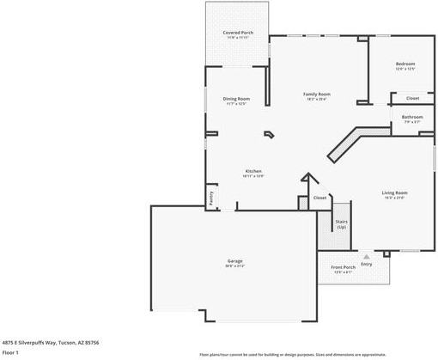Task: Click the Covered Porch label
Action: coord(238,32)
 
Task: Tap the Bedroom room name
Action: coord(405,64)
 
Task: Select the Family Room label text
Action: coord(317,94)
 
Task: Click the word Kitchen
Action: coord(253,171)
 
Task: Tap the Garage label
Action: coord(234,261)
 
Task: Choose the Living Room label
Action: coord(394,192)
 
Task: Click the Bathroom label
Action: coord(413,117)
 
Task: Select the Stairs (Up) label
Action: coord(341,223)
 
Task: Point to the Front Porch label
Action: coord(344,267)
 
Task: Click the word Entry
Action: coord(367,264)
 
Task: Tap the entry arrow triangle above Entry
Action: coord(367,255)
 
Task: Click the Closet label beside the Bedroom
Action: coord(412,98)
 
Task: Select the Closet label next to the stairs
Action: coord(319,198)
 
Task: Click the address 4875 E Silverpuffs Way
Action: coord(50,341)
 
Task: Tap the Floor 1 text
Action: coord(10,352)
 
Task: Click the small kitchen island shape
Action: coord(270,134)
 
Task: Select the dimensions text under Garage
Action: coord(234,266)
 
